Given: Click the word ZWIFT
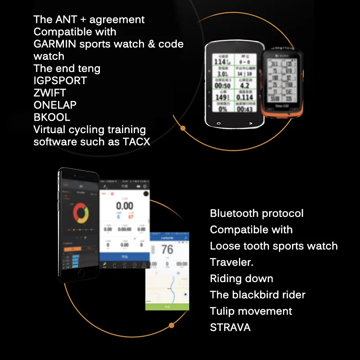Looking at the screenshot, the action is tap(49, 93).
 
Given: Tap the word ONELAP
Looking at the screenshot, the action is tap(55, 105).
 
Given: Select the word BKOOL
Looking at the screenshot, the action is tap(52, 117).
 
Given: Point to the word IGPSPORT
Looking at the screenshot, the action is tap(60, 81).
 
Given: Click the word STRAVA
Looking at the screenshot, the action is tap(230, 327).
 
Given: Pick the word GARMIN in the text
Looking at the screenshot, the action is tap(55, 44).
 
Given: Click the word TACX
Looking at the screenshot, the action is tap(137, 142).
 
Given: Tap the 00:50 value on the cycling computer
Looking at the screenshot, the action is tap(222, 85).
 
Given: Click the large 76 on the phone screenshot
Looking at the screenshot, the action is tap(166, 249).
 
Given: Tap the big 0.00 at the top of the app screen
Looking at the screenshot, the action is tap(124, 207).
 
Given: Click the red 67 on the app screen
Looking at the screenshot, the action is tap(131, 217).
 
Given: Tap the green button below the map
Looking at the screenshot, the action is tap(167, 306).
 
